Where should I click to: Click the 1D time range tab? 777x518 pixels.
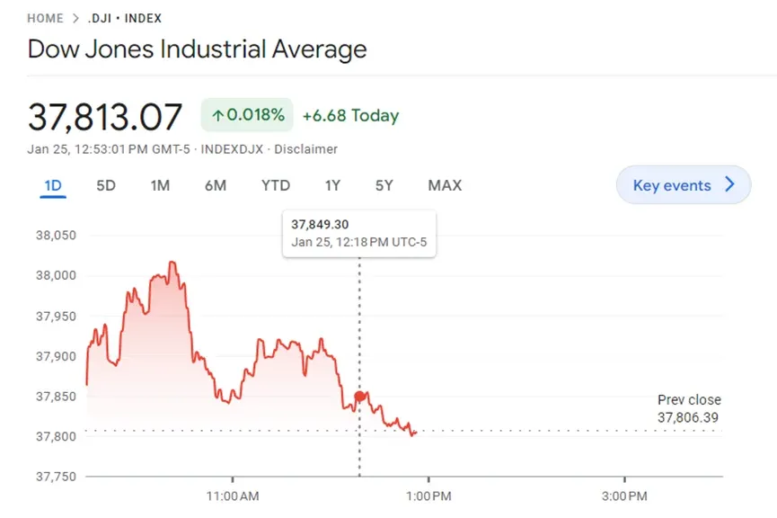pos(53,185)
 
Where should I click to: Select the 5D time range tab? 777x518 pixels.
pos(106,185)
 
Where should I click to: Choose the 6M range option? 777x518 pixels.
pos(216,185)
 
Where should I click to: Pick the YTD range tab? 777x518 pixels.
pos(276,185)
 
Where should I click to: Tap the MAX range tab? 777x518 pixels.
pos(445,185)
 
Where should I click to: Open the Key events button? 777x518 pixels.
pos(684,185)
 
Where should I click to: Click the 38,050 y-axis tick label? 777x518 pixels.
pos(56,236)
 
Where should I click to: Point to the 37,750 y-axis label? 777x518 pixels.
pos(56,477)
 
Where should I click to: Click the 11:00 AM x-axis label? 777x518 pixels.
pos(233,496)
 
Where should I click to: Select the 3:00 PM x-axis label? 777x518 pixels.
pos(624,496)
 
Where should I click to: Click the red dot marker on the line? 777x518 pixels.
pos(360,397)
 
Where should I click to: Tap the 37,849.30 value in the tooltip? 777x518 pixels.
pos(320,225)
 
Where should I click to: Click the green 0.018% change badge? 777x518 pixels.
pos(247,115)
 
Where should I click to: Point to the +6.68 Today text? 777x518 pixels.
pos(350,116)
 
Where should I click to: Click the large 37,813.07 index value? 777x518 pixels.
pos(105,117)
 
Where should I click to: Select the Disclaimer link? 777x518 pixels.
pos(305,149)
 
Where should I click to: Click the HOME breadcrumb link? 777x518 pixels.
pos(45,18)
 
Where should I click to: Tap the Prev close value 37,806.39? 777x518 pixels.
pos(688,418)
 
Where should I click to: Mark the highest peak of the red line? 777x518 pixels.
pos(172,262)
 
